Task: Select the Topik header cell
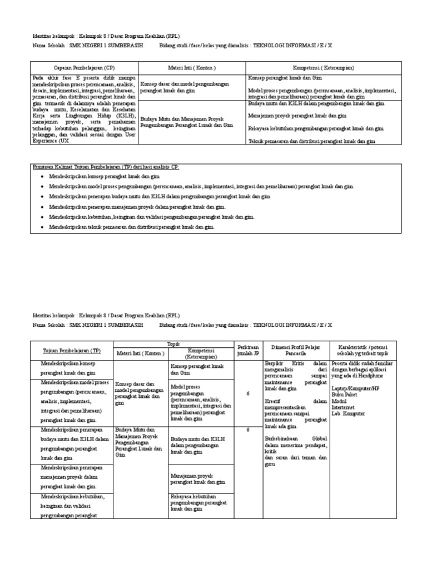click(x=173, y=344)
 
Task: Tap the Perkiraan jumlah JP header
click(x=248, y=350)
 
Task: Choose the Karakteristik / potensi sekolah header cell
click(x=363, y=350)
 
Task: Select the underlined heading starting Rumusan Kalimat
click(x=106, y=167)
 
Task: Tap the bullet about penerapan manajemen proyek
click(x=129, y=207)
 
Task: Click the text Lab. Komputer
click(x=348, y=413)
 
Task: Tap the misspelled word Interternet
click(x=345, y=407)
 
